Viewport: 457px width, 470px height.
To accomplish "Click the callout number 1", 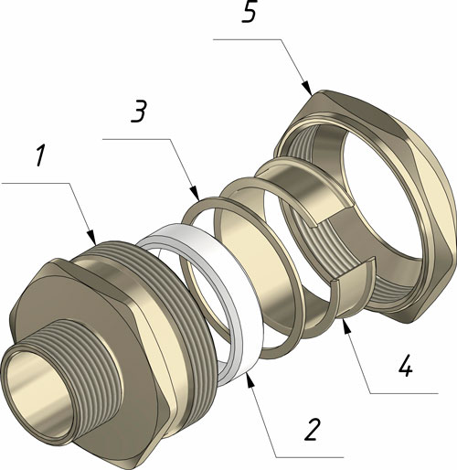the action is click(41, 156).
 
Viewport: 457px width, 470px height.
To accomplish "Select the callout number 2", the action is click(313, 429).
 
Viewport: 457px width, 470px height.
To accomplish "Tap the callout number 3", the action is click(139, 112).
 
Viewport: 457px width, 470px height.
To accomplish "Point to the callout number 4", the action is click(406, 365).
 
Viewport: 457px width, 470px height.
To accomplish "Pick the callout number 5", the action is click(250, 12).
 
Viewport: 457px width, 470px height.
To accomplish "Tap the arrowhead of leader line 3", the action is click(196, 193).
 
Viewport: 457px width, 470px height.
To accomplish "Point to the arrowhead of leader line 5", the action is click(307, 88).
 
